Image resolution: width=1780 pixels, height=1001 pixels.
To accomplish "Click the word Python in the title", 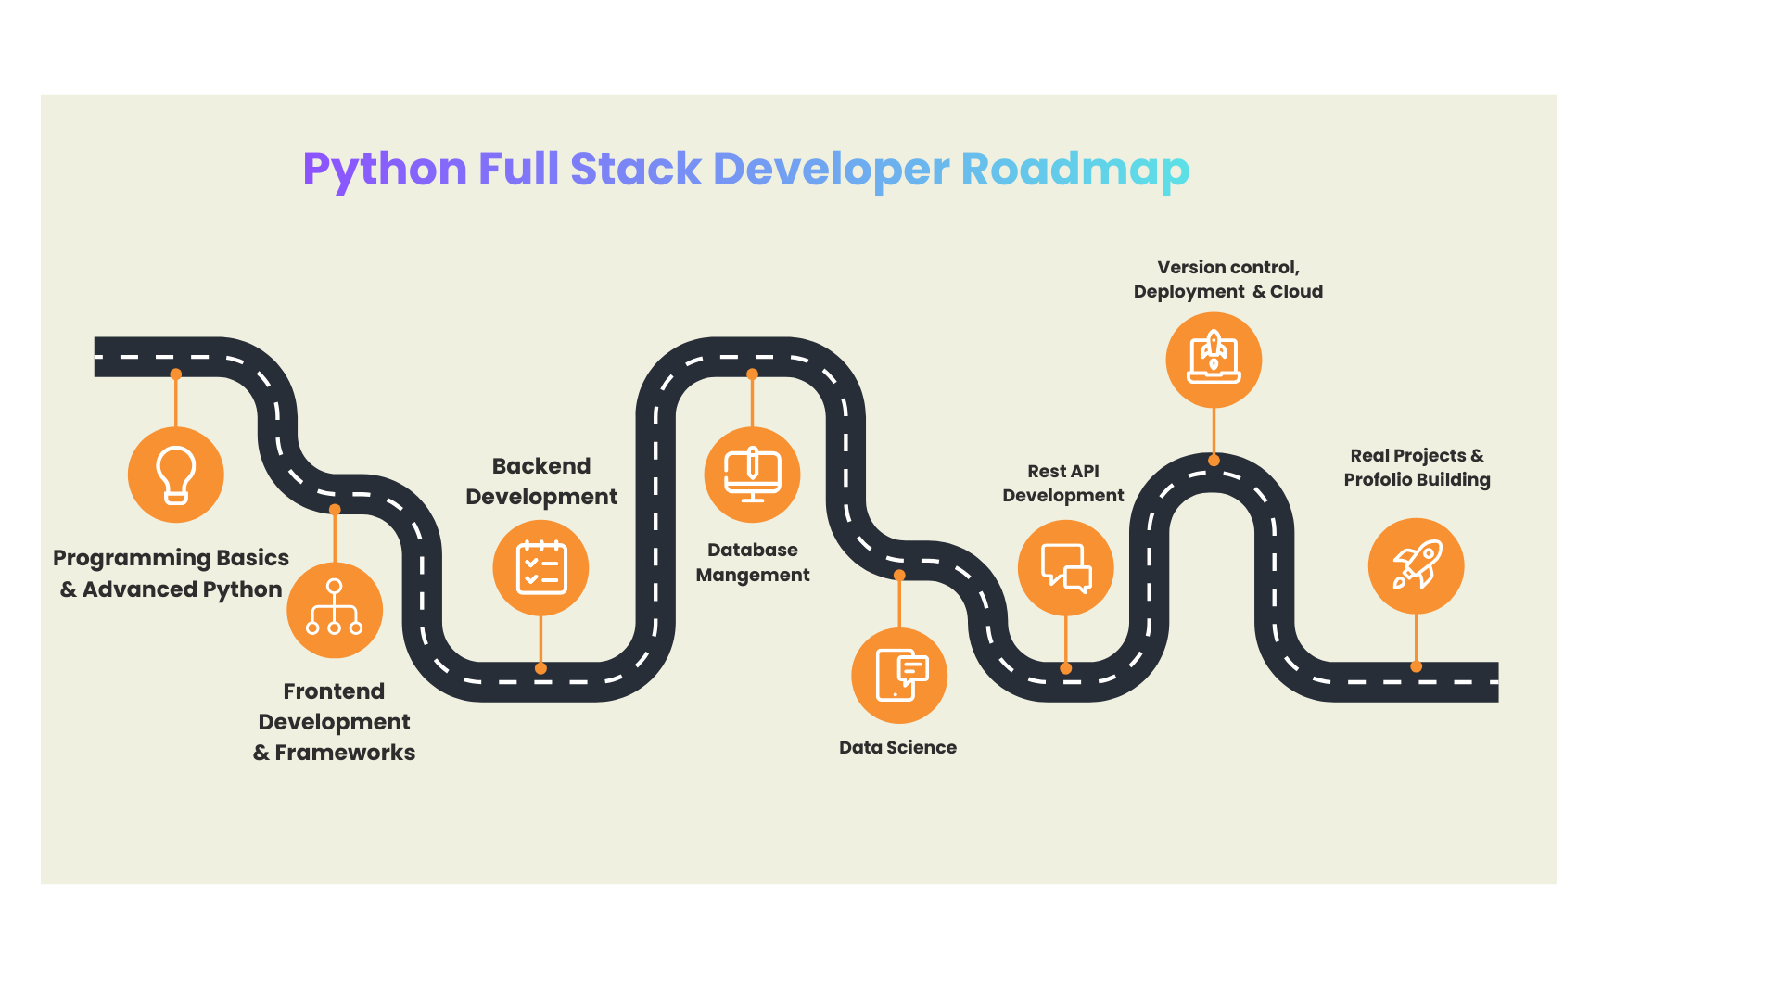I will tap(385, 170).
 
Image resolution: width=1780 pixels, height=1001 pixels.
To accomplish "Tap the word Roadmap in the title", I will tap(1074, 170).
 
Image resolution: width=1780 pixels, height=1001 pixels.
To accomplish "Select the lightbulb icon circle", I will tap(176, 475).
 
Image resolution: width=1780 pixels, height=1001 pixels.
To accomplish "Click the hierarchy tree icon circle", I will tap(335, 610).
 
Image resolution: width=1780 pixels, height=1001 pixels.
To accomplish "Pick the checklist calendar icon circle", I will tap(540, 567).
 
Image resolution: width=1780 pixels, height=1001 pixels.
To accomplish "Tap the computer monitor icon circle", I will tap(752, 475).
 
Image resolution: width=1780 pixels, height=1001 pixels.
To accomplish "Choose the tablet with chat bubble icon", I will tap(899, 675).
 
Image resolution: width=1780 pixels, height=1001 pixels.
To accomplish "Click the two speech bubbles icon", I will tap(1065, 567).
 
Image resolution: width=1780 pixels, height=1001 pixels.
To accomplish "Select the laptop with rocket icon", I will tap(1214, 360).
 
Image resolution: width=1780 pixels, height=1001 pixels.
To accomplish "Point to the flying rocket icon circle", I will tap(1416, 565).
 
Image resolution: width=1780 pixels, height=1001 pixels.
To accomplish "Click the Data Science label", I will tap(897, 747).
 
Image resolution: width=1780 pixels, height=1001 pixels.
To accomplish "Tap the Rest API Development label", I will tap(1062, 483).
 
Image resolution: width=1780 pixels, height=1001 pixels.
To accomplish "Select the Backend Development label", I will tap(541, 481).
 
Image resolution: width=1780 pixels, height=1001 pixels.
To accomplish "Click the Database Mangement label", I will tap(752, 562).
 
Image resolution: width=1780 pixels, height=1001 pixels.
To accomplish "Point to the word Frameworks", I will tap(345, 753).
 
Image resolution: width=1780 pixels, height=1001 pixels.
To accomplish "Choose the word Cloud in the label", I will tap(1296, 291).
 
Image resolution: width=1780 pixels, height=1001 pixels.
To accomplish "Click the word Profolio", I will tap(1377, 479).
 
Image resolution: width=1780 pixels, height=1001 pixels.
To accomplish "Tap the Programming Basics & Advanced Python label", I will tap(171, 574).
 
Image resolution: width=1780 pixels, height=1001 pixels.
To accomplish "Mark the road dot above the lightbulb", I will tap(176, 374).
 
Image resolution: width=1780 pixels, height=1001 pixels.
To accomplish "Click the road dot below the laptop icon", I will tap(1214, 460).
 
